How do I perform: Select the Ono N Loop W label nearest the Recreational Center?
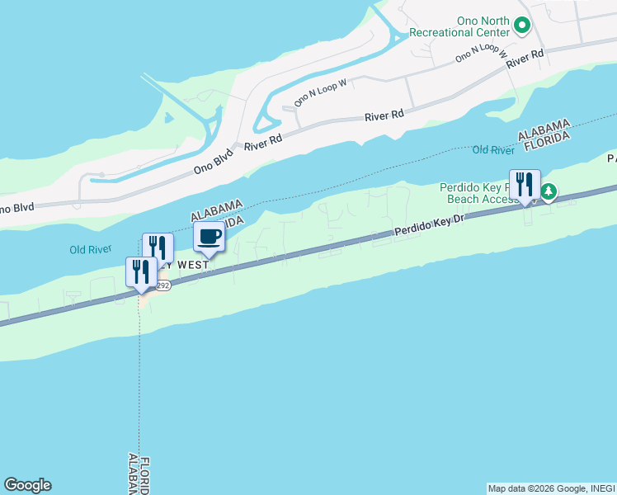(x=478, y=53)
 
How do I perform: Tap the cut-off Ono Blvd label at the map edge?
(x=16, y=208)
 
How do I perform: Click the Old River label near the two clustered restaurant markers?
(x=89, y=249)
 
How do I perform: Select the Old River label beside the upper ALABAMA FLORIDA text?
(x=493, y=150)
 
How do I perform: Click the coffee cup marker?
(x=209, y=237)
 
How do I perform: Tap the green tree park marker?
(x=548, y=193)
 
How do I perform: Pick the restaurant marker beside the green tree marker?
(x=525, y=185)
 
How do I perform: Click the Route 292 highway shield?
(x=162, y=284)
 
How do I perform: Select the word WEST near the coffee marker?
(x=193, y=264)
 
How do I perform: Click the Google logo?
(x=27, y=485)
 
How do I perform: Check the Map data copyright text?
(x=550, y=488)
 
